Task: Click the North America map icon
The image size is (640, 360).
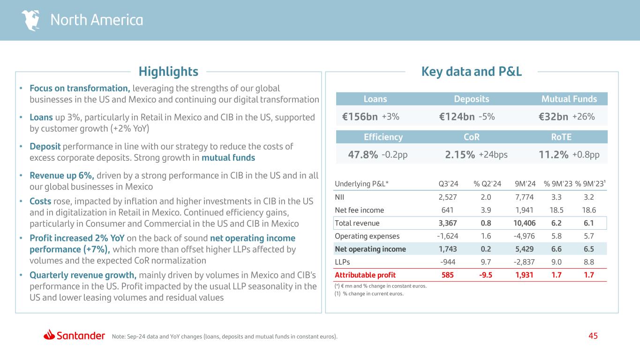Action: (x=31, y=20)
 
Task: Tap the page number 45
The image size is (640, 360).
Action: (x=593, y=336)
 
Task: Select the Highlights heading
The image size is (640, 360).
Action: (x=168, y=72)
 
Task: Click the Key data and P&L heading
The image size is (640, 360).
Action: (x=471, y=72)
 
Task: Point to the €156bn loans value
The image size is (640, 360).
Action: (x=360, y=117)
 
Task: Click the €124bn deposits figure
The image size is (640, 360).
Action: (x=454, y=117)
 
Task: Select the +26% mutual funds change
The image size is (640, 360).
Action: (x=584, y=117)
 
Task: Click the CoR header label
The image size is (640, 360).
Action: (x=471, y=137)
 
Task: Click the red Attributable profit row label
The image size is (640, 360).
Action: (x=365, y=275)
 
